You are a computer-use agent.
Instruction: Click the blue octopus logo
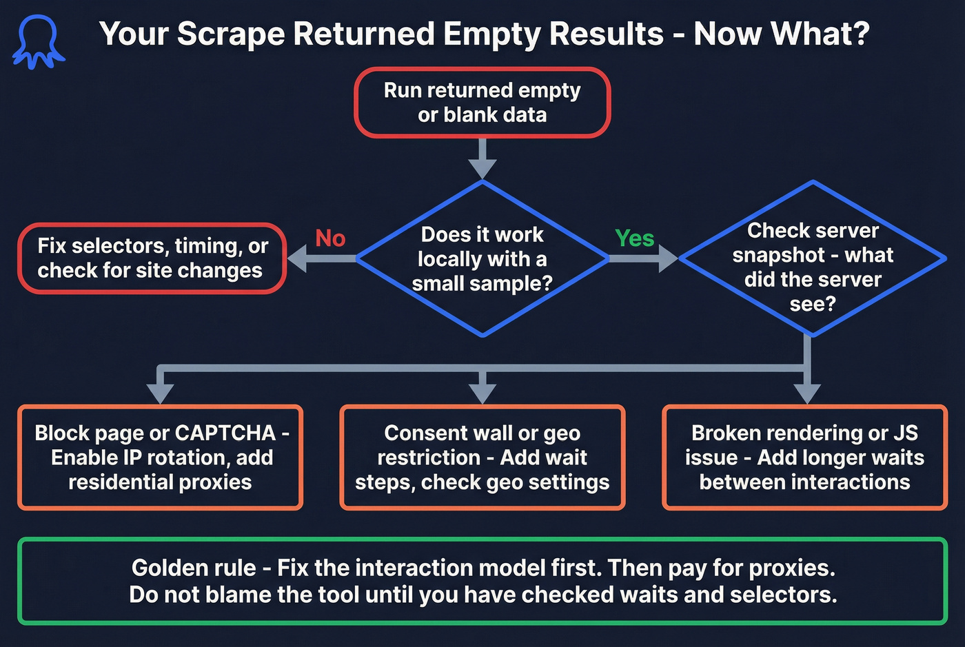tap(39, 42)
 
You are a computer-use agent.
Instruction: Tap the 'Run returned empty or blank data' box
tap(482, 103)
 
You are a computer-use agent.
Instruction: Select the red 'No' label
tap(330, 238)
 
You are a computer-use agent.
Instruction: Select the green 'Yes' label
tap(634, 238)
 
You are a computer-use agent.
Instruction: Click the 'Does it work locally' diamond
tap(482, 258)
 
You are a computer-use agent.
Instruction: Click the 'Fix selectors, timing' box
tap(152, 258)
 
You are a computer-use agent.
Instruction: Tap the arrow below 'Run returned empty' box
tap(482, 162)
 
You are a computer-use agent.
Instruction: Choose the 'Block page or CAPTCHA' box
tap(160, 458)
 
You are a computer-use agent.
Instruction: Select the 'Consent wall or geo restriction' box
tap(482, 458)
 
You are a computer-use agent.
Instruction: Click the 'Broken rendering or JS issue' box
tap(804, 458)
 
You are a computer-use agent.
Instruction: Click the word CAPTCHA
tap(225, 433)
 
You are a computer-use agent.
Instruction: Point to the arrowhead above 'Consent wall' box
tap(482, 393)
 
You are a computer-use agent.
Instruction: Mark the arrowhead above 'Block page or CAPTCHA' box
tap(160, 393)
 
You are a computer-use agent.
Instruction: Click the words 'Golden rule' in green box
tap(194, 568)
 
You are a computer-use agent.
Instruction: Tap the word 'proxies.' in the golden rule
tap(792, 568)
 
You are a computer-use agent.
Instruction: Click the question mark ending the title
tap(860, 34)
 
